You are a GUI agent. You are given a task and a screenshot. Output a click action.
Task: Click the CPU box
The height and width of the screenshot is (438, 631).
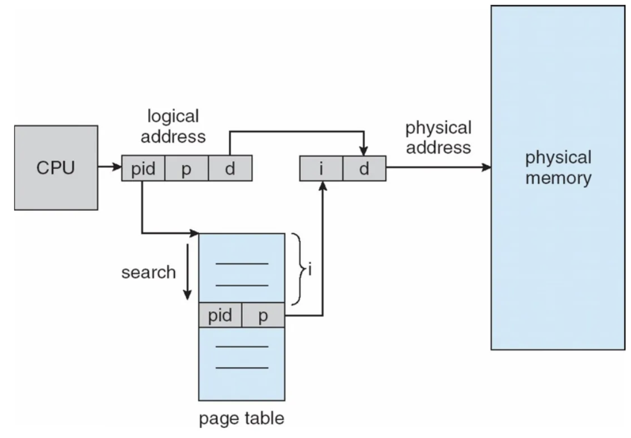(56, 168)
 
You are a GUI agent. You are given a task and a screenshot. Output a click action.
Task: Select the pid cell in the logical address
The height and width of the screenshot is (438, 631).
(143, 168)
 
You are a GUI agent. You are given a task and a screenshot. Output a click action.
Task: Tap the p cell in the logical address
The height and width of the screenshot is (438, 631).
(187, 168)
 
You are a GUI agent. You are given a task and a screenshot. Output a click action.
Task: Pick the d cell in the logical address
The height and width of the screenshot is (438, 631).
(230, 168)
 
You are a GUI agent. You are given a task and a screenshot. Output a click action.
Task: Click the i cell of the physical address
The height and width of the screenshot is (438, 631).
(321, 168)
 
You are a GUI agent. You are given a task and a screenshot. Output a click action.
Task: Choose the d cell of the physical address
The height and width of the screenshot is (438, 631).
(364, 168)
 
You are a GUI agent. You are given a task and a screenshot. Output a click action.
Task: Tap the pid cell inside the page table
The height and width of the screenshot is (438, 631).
(220, 315)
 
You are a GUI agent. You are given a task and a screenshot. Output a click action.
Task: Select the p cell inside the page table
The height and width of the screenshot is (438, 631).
(263, 315)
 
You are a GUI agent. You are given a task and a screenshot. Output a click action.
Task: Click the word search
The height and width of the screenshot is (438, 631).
(148, 272)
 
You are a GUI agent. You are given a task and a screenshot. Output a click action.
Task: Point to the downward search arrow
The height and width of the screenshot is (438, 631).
(188, 272)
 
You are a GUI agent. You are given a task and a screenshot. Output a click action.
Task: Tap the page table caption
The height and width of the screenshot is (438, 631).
(242, 419)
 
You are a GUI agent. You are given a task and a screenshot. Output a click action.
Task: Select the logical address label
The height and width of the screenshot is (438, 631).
(173, 126)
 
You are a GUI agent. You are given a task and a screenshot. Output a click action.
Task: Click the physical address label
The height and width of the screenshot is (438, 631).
(439, 137)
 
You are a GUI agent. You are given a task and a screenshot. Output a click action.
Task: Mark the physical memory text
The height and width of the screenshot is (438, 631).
(558, 168)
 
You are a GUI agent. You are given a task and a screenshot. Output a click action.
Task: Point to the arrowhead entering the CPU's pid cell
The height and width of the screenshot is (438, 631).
(117, 166)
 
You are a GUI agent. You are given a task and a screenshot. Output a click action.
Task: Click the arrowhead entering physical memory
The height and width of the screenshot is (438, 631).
(486, 167)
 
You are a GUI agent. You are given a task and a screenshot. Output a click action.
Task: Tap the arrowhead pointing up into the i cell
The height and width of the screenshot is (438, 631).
(323, 186)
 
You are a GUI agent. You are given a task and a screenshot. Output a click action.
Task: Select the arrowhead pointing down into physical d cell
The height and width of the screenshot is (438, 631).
(364, 151)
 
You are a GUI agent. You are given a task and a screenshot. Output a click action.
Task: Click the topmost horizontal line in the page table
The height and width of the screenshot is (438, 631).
(242, 264)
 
